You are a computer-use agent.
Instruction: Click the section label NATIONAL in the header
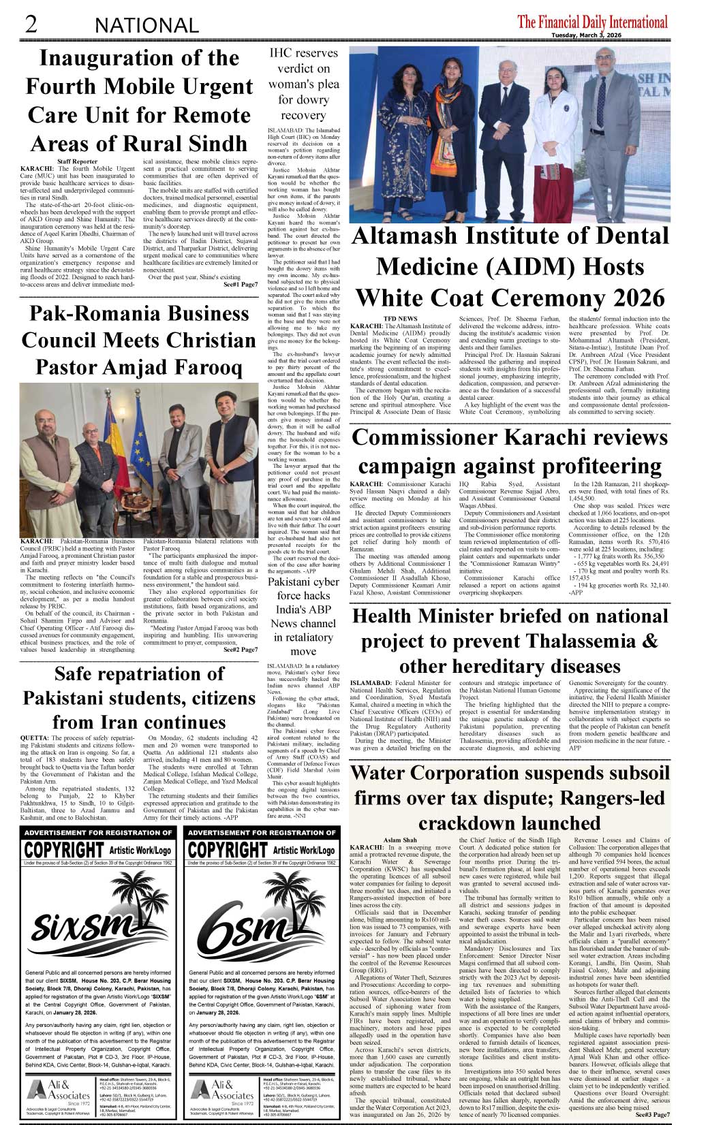[x=147, y=26]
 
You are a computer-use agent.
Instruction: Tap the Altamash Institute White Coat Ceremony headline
[x=510, y=267]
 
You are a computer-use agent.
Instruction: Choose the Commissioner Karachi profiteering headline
[x=510, y=451]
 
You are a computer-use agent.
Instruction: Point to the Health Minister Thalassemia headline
[x=510, y=641]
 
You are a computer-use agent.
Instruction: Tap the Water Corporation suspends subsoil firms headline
[x=510, y=797]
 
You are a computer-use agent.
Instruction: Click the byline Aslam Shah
[x=400, y=840]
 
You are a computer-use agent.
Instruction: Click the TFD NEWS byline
[x=400, y=318]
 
